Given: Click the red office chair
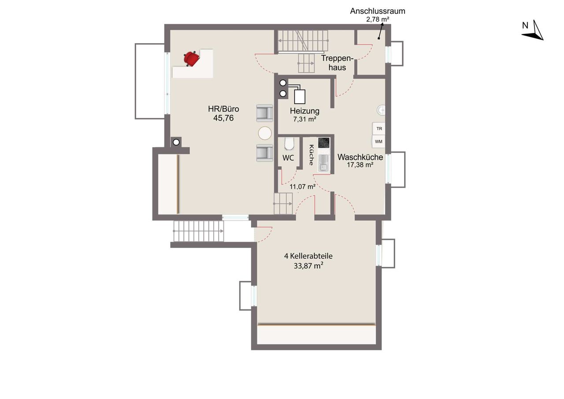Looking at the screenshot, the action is point(192,59).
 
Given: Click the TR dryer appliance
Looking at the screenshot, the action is point(379,128).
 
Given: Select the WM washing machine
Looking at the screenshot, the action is point(378,142).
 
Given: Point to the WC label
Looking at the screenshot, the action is point(288,158).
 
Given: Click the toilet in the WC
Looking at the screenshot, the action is point(289,144).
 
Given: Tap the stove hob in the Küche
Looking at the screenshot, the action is point(323,142).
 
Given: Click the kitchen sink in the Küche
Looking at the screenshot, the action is point(323,163).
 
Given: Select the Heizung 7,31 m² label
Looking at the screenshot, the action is point(304,115).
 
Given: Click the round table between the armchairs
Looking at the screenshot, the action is point(265,133).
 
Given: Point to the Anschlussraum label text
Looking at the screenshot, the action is point(378,11).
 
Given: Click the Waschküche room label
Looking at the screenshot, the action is point(360,157).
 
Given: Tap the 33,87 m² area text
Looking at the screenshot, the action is point(308,266).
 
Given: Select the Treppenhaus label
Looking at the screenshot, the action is point(337,63).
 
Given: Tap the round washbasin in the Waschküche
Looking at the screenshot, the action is point(381,110).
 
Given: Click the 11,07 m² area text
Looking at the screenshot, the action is point(302,186).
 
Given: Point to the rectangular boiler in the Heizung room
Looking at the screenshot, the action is point(300,97).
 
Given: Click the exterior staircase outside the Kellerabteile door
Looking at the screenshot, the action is point(198,231).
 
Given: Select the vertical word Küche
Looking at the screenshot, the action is point(312,155).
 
